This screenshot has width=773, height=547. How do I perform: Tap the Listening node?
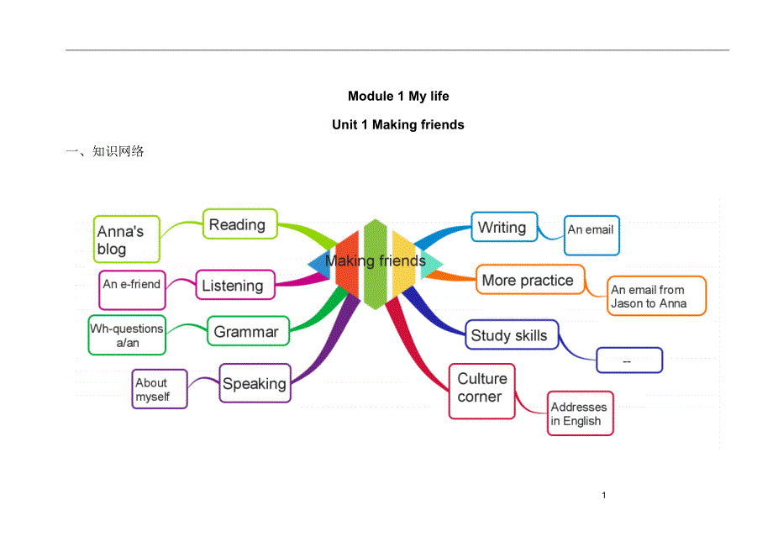[235, 286]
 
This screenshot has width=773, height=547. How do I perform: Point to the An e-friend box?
[132, 285]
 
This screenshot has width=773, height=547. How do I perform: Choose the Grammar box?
[248, 331]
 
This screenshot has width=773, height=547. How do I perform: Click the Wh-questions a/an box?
[128, 335]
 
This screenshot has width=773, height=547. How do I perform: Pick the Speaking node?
[255, 384]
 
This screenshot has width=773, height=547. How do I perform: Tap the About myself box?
[160, 389]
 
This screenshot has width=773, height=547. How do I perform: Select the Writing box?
[504, 227]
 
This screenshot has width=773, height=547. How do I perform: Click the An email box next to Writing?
[592, 234]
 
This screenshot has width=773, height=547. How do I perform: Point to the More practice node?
[529, 280]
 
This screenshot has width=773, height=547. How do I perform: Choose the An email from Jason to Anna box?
[657, 297]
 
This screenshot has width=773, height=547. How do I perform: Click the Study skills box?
[512, 335]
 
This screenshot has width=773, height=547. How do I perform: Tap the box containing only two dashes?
[629, 360]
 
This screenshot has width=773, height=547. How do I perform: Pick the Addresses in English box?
[581, 413]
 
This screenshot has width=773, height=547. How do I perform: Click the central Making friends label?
[376, 260]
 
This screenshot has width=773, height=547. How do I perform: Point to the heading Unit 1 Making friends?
[398, 124]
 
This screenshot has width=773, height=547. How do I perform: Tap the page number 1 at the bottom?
[603, 495]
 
